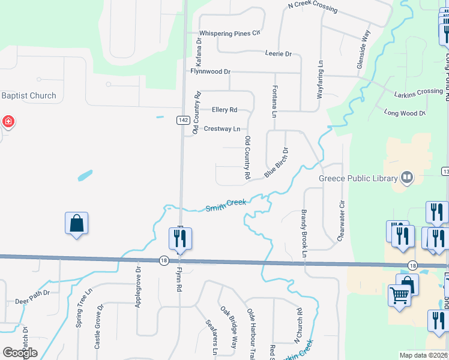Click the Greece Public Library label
tap(360, 178)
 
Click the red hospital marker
tap(8, 122)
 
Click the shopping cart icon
tap(399, 295)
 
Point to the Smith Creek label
tap(226, 205)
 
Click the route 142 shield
tap(184, 121)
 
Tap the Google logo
tap(20, 353)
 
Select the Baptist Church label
tap(29, 95)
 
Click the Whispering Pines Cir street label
tap(230, 33)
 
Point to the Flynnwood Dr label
tap(211, 71)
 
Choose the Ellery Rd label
tap(224, 110)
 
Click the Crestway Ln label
tap(222, 129)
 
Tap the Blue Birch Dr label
tap(277, 163)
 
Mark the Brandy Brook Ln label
tap(304, 234)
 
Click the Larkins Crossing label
tap(418, 92)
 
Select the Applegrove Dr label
tap(138, 292)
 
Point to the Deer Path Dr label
tap(32, 293)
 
